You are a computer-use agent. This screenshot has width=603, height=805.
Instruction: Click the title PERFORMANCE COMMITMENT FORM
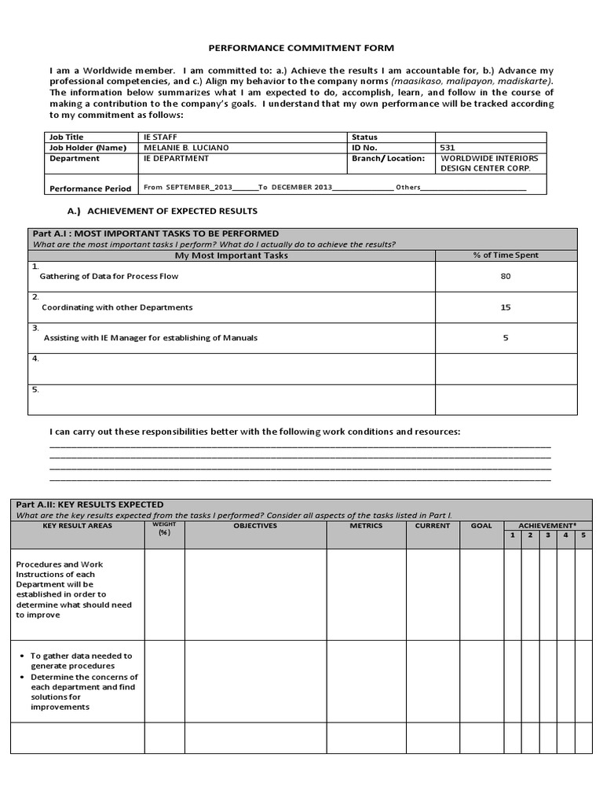301,48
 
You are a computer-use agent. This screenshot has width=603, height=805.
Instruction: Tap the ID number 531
448,147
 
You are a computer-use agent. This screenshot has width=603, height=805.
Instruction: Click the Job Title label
66,137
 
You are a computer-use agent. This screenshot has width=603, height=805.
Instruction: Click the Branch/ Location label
389,158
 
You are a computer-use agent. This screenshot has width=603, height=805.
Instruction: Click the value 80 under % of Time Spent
506,277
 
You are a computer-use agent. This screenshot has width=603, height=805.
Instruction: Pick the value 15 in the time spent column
506,307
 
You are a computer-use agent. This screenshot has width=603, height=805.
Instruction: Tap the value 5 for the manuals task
506,338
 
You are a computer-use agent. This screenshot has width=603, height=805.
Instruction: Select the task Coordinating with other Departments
117,307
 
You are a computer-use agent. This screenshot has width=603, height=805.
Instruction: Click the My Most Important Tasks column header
231,255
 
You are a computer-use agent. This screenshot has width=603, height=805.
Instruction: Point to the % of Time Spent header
506,255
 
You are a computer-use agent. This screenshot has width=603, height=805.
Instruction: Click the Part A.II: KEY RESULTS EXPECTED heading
98,505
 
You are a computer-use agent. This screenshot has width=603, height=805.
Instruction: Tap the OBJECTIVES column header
255,526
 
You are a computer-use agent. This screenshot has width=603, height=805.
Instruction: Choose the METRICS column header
366,526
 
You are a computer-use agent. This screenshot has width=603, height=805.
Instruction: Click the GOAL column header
481,526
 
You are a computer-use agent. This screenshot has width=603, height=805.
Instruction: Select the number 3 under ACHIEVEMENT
548,535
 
